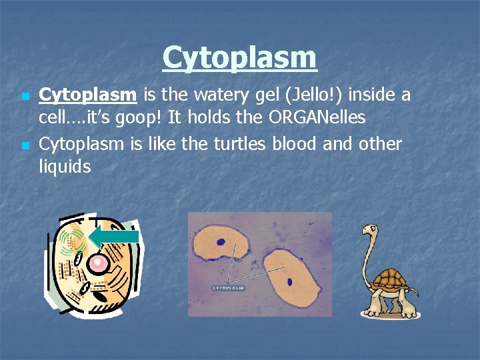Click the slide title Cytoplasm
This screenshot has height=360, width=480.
[240, 57]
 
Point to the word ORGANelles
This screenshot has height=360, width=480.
[317, 118]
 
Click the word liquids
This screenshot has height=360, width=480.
[65, 166]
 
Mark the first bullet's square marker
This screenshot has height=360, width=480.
[25, 97]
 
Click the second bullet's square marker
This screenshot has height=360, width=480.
[25, 145]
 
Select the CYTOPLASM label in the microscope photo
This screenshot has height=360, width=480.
[229, 288]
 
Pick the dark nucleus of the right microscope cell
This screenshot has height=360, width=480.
[290, 281]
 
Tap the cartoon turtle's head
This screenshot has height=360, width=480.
[370, 231]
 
